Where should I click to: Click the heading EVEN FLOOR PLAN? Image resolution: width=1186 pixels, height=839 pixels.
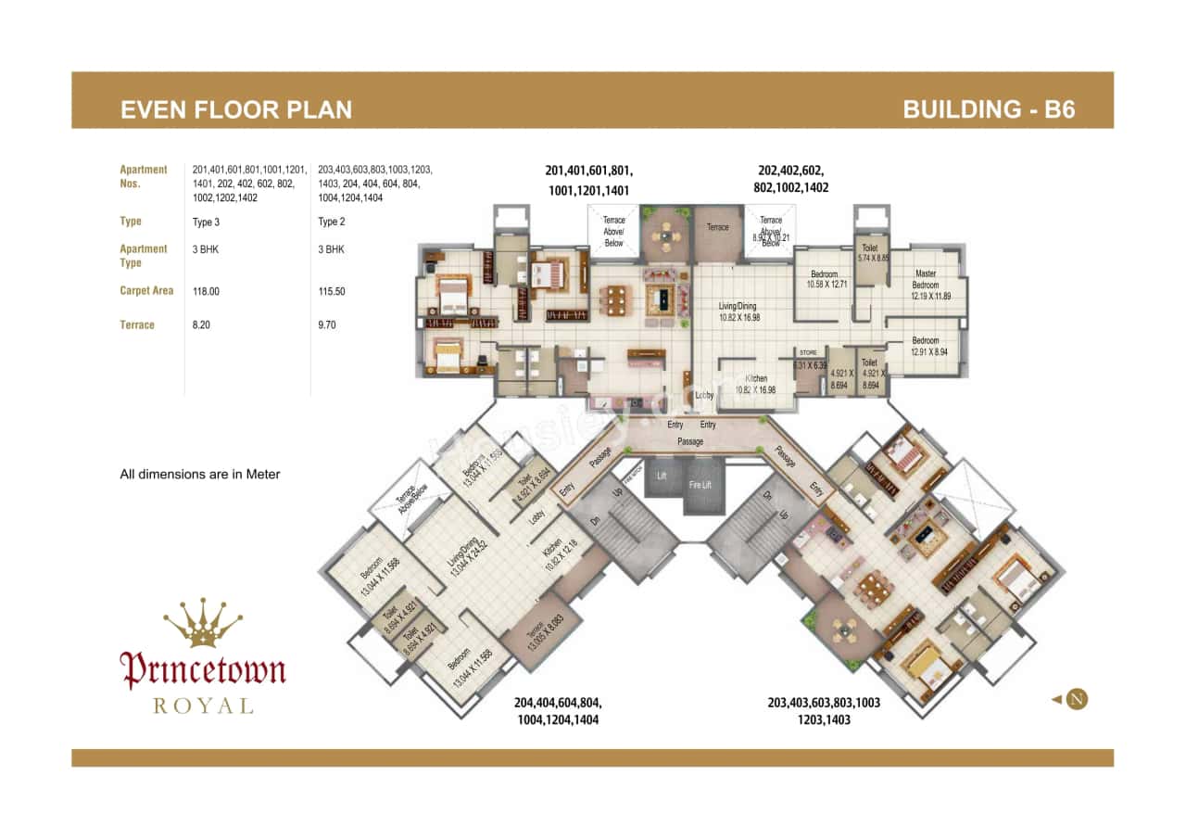pos(236,110)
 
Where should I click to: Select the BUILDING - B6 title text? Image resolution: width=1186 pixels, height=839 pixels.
pos(989,110)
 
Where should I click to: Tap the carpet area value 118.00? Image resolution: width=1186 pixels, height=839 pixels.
pos(206,291)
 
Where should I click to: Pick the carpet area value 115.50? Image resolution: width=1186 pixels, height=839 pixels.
pos(332,291)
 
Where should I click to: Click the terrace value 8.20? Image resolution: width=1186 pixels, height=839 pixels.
pos(202,325)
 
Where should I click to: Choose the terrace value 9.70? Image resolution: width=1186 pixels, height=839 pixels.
pos(328,325)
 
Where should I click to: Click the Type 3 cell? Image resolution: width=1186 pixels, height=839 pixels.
pos(206,222)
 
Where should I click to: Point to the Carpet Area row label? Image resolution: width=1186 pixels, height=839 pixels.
pos(146,291)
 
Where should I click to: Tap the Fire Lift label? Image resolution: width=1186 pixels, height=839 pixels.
pos(700,484)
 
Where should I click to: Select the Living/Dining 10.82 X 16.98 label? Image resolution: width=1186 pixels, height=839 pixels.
pos(738,311)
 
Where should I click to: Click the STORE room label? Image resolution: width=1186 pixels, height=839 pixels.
pos(808,353)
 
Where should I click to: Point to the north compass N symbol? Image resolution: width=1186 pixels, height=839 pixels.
pos(1076,699)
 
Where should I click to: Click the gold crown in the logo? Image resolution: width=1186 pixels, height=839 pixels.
pos(202,623)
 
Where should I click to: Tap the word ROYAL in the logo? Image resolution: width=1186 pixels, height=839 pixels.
pos(202,706)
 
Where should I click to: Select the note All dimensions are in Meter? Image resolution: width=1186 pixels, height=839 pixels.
pos(200,474)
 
